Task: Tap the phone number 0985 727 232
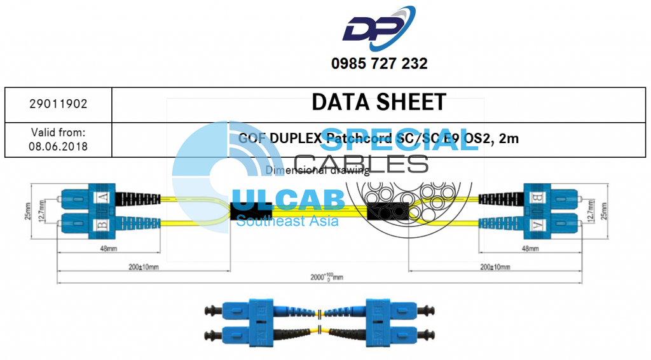379,64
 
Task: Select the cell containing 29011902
58,104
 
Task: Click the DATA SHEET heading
379,102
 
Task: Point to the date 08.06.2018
58,146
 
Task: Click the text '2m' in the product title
509,138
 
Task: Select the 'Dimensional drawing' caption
317,170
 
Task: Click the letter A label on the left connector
103,198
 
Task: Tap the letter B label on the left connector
103,224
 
